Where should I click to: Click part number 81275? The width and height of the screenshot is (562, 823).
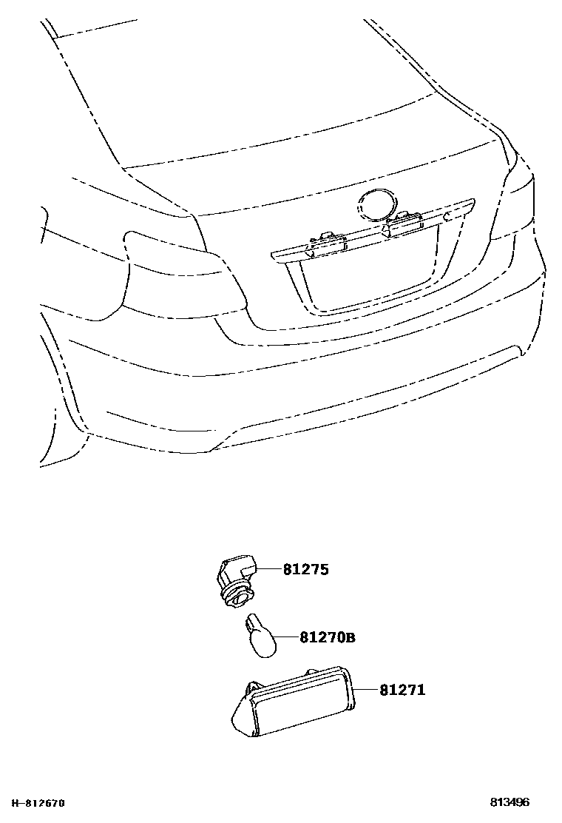[305, 570]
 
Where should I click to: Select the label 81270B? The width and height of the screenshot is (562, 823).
[328, 637]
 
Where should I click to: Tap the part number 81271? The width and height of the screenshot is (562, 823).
[402, 690]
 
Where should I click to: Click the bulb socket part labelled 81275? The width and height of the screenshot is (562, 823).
[234, 577]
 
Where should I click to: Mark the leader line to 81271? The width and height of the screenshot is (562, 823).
[367, 690]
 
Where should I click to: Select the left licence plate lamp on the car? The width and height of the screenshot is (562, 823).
[325, 240]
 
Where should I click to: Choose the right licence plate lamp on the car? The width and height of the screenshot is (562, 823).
[403, 221]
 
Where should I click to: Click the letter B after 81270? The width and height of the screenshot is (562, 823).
[351, 638]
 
